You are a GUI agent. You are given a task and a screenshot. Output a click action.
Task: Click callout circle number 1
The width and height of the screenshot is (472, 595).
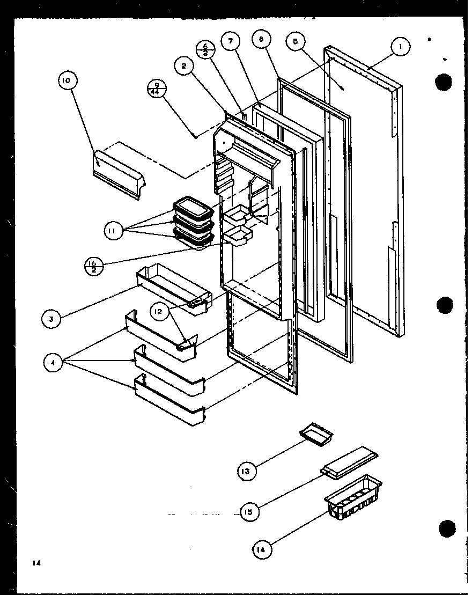point(400,47)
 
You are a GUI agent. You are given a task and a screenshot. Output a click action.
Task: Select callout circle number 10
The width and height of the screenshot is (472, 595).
point(67,81)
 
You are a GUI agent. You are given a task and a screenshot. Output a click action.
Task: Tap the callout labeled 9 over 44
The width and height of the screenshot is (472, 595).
point(156,89)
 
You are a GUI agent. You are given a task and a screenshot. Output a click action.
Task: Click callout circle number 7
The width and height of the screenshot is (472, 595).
point(231,42)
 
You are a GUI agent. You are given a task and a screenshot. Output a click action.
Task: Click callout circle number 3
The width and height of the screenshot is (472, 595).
point(51,319)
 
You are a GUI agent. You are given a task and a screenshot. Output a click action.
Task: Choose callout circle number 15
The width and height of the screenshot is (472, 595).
point(249,511)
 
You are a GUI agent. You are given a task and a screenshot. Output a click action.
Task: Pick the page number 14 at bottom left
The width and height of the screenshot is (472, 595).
point(35,563)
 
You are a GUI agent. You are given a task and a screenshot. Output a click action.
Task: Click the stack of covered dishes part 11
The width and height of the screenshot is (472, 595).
point(193,223)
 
